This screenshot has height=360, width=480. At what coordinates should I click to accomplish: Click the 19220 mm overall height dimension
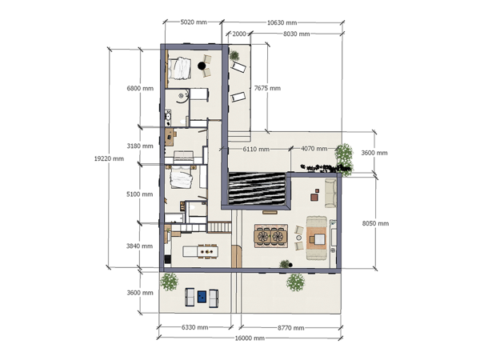[x=110, y=158]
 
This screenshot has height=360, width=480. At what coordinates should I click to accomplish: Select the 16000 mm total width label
[x=250, y=338]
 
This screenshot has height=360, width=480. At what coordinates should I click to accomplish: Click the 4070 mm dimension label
[x=302, y=149]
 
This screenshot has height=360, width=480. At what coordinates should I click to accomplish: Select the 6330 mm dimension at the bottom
[x=195, y=327]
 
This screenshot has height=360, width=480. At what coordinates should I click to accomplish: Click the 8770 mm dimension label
[x=290, y=327]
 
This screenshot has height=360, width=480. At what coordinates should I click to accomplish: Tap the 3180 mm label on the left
[x=140, y=146]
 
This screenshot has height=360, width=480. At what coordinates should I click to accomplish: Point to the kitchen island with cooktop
[x=201, y=251]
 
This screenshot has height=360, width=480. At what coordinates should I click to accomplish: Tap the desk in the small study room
[x=182, y=132]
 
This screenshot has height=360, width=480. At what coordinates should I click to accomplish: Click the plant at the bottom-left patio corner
[x=170, y=281]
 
